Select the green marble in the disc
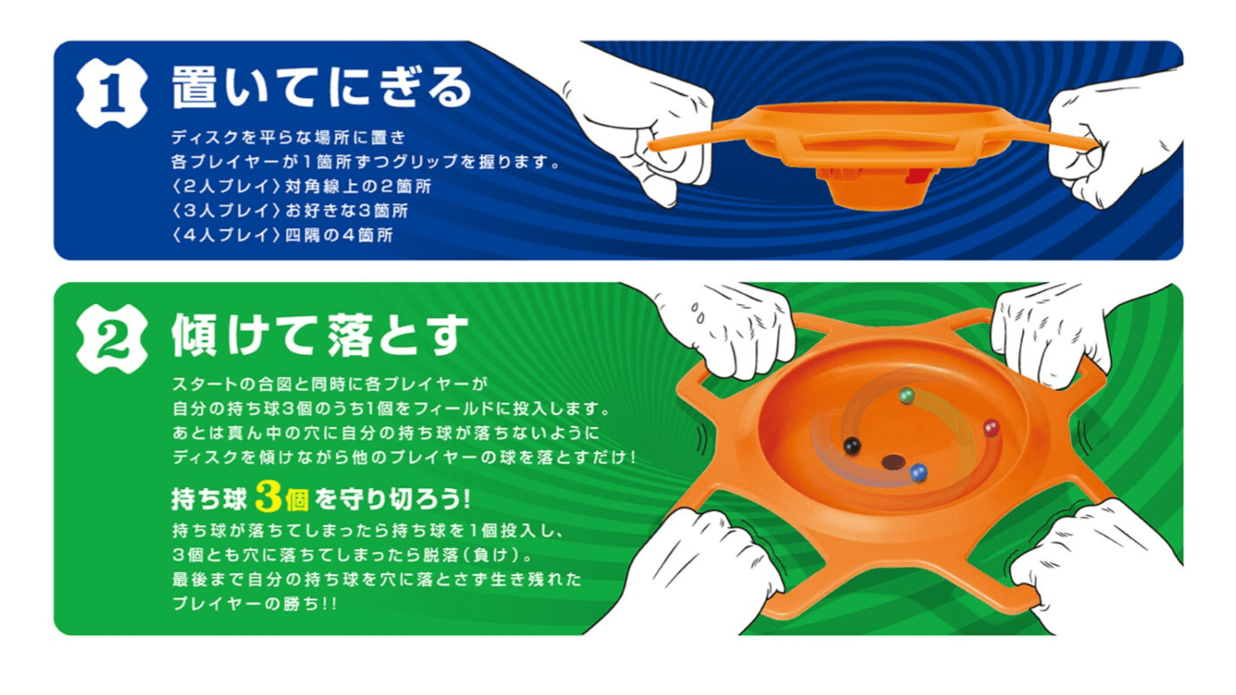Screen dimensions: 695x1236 tap(907, 396)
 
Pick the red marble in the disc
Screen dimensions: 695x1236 tap(991, 428)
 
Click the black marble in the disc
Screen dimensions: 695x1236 tap(849, 446)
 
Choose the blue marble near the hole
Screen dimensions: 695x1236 tap(919, 472)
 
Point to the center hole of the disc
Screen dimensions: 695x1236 tap(892, 461)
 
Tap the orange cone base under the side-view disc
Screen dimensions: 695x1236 tap(868, 188)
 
